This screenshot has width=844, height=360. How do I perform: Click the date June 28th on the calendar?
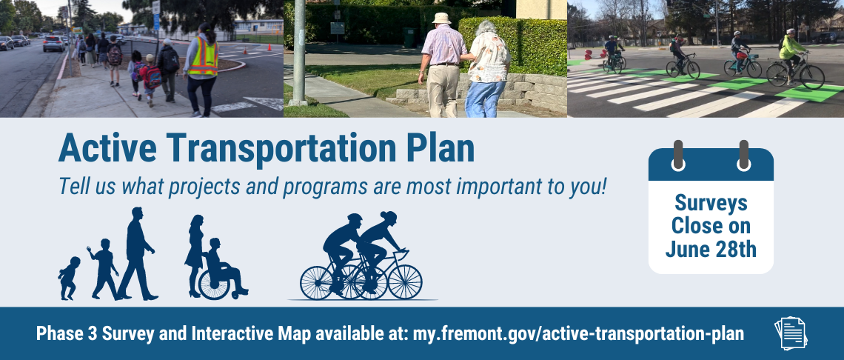click(711, 249)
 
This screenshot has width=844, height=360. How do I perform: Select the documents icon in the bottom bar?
click(790, 333)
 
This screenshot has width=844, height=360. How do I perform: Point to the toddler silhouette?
click(70, 279)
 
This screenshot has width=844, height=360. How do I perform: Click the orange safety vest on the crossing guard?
click(202, 58)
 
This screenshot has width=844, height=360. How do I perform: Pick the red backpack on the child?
click(152, 76)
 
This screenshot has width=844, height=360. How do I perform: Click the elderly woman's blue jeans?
click(486, 98)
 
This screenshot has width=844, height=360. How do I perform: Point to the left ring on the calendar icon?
click(677, 153)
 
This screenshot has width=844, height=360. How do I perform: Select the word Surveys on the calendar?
click(711, 203)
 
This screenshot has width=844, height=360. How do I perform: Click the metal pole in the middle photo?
click(299, 52)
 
